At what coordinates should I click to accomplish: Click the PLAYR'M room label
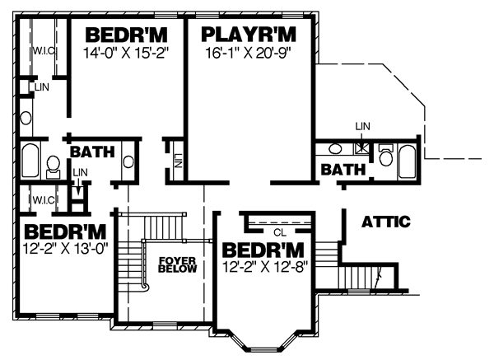click(x=249, y=35)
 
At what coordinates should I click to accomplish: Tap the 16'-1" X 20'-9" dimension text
click(x=248, y=53)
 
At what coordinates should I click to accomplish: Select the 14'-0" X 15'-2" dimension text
click(x=126, y=53)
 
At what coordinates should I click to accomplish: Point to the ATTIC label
click(x=386, y=222)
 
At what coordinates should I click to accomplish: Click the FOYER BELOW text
click(x=177, y=264)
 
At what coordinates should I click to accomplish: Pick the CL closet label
click(x=280, y=232)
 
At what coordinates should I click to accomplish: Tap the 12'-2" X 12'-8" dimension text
click(x=264, y=268)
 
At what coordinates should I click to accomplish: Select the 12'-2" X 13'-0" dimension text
click(x=66, y=249)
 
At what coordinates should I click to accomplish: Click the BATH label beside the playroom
click(x=343, y=170)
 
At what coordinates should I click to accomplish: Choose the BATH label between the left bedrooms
click(x=92, y=152)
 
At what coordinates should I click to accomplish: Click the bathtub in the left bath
click(x=30, y=161)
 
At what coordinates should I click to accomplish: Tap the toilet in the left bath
click(x=53, y=167)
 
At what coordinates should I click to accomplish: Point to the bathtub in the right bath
click(x=407, y=162)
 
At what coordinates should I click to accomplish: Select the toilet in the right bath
click(x=386, y=156)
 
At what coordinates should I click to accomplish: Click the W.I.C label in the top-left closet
click(x=44, y=51)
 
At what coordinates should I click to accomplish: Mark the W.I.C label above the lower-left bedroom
click(x=44, y=200)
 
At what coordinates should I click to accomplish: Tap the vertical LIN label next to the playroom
click(x=178, y=161)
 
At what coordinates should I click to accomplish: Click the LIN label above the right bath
click(x=362, y=126)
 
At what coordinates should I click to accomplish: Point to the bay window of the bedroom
click(x=264, y=344)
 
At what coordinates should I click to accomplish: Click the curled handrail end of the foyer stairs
click(x=146, y=288)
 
